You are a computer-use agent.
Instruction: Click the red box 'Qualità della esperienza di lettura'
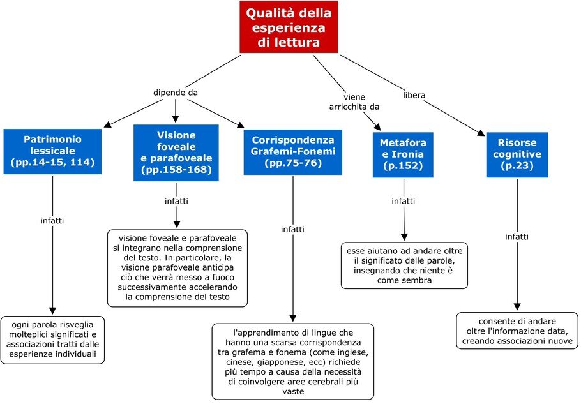[289, 27]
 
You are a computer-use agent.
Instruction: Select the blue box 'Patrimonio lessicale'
[52, 151]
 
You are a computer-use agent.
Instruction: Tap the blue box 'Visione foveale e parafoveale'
[176, 153]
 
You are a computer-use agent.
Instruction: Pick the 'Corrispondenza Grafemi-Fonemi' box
[292, 152]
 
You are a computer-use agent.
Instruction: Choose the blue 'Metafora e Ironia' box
[403, 155]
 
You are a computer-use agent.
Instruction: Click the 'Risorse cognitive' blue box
[517, 155]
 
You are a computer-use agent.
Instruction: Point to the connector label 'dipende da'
[176, 93]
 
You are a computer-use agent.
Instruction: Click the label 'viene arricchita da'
[354, 102]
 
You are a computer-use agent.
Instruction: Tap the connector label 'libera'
[414, 95]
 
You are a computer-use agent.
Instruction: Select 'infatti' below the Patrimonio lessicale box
[52, 221]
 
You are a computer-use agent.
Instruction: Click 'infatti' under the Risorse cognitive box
[517, 237]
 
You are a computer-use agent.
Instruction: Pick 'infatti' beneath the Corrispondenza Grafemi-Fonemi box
[292, 230]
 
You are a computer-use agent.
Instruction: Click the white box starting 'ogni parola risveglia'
[52, 340]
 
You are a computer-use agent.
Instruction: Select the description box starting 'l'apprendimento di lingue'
[292, 362]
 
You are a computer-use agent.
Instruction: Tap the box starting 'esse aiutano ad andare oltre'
[404, 265]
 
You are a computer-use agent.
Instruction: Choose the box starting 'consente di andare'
[517, 331]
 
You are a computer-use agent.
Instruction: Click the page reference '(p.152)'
[403, 166]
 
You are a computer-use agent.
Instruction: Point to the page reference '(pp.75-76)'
[292, 163]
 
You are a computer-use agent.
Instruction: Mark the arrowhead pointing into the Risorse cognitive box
[481, 133]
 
